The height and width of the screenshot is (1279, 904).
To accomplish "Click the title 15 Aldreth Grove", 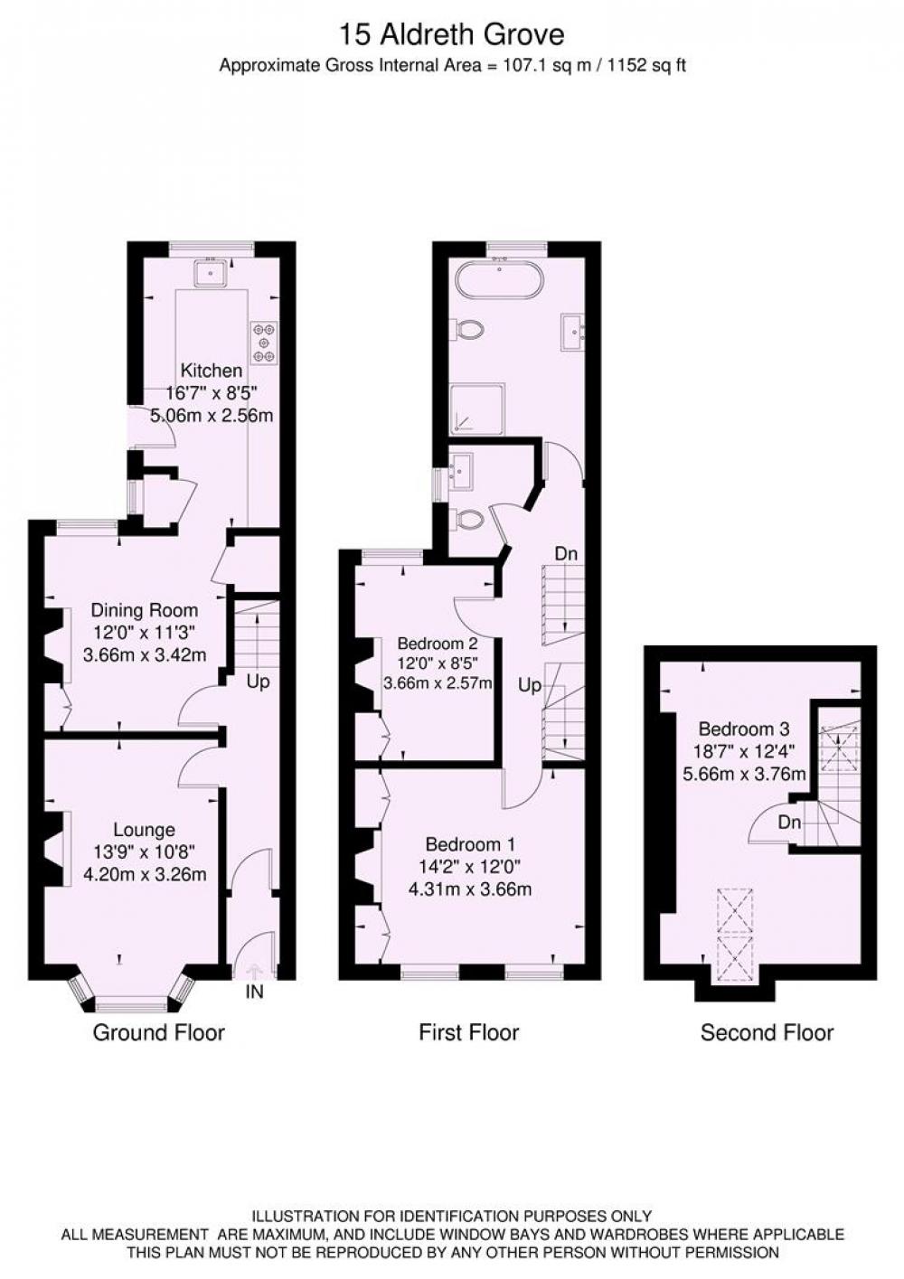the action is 452,35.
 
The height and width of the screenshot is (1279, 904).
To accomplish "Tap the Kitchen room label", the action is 212,371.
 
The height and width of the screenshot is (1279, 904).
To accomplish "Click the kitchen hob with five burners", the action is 264,343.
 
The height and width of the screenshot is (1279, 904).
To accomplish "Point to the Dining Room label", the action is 145,610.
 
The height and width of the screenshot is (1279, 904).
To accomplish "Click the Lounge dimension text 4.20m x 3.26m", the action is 145,874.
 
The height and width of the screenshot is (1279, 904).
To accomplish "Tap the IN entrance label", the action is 254,992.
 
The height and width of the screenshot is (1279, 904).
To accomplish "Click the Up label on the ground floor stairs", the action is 259,682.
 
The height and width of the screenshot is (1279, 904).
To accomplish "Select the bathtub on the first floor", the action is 500,279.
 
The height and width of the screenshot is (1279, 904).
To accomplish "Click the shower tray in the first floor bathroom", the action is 477,409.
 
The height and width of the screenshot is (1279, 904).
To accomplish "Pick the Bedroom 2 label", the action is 438,644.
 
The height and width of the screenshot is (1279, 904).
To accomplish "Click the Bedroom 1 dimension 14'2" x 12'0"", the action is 470,867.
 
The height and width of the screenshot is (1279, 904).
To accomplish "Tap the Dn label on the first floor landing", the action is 566,554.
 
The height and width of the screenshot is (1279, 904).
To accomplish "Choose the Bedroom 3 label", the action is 744,729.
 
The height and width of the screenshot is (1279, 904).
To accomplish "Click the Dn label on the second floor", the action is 789,823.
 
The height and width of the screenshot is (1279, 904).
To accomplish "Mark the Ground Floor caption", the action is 159,1032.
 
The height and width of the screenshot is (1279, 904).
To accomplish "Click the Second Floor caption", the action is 767,1032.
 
